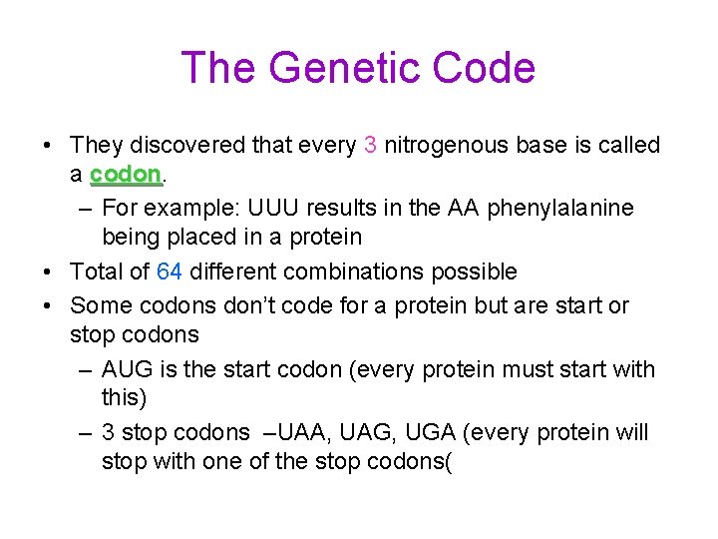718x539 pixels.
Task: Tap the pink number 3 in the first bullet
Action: pyautogui.click(x=370, y=146)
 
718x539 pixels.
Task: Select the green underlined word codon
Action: pyautogui.click(x=125, y=175)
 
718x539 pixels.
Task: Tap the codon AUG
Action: pyautogui.click(x=127, y=369)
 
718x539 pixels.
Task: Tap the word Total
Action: pyautogui.click(x=97, y=271)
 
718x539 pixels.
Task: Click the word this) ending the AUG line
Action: pyautogui.click(x=125, y=398)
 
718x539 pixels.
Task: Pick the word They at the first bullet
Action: pyautogui.click(x=97, y=146)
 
